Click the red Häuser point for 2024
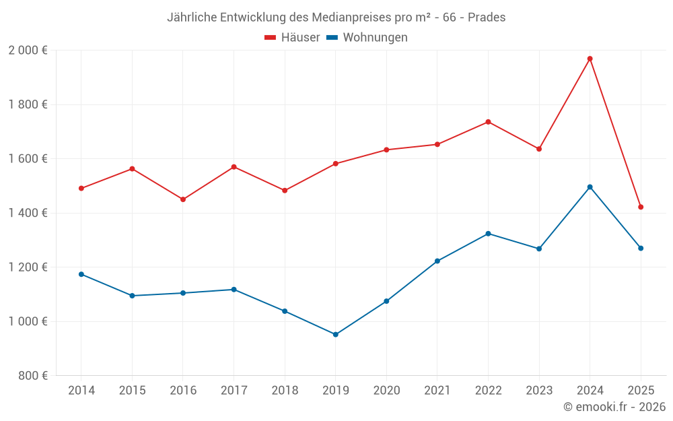pos(590,59)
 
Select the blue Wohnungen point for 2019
pos(336,334)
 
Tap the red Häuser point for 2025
pos(641,207)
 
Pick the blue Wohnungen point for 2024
pos(590,187)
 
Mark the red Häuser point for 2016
pos(183,199)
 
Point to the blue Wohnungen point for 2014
pos(81,274)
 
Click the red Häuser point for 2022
pos(488,122)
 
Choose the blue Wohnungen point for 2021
pos(437,261)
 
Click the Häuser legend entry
pos(292,38)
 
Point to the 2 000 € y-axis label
pos(28,51)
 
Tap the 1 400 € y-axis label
pos(28,213)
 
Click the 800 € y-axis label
pos(32,376)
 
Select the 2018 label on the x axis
pos(285,391)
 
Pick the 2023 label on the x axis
pos(539,391)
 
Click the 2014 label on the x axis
pos(81,391)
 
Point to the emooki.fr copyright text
pos(614,407)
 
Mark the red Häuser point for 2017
pos(234,166)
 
